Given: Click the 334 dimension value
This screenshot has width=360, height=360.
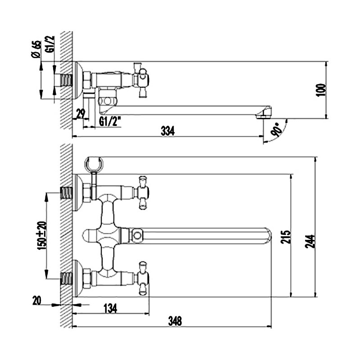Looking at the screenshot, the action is [x=167, y=131].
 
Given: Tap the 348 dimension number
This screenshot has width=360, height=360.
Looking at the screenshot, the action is [x=175, y=321].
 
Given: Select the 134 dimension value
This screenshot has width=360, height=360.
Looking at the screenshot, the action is [x=110, y=308].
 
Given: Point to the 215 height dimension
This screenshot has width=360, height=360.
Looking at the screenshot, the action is [x=286, y=237].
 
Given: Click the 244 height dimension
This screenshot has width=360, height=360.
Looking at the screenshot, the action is [x=310, y=241].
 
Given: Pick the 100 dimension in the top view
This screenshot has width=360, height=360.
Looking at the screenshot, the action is [x=321, y=90].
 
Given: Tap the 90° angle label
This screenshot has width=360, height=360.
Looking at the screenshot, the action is [x=276, y=130].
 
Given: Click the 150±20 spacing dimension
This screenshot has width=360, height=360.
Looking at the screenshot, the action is [x=41, y=235].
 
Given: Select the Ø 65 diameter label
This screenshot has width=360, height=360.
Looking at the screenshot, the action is [x=36, y=49].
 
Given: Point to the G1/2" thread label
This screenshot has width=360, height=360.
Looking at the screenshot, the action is [x=110, y=121].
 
